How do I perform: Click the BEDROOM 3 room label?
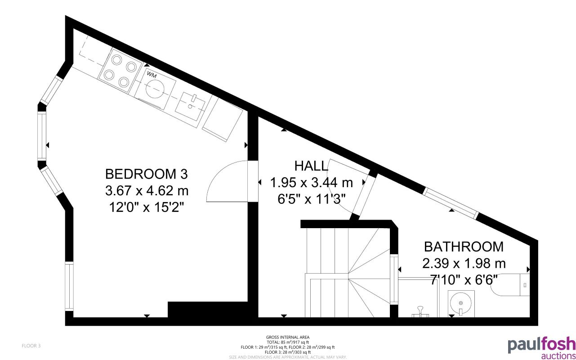coord(146,174)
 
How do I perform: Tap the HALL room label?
coord(311,166)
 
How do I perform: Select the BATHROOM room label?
coord(464,247)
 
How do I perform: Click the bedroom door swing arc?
coord(225,180)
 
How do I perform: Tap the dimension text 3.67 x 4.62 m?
coord(147,191)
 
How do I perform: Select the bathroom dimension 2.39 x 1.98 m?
coord(464,263)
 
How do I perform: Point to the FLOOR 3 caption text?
coord(31,346)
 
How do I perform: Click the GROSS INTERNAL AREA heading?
coord(288,337)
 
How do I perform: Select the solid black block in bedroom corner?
coord(207,310)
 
